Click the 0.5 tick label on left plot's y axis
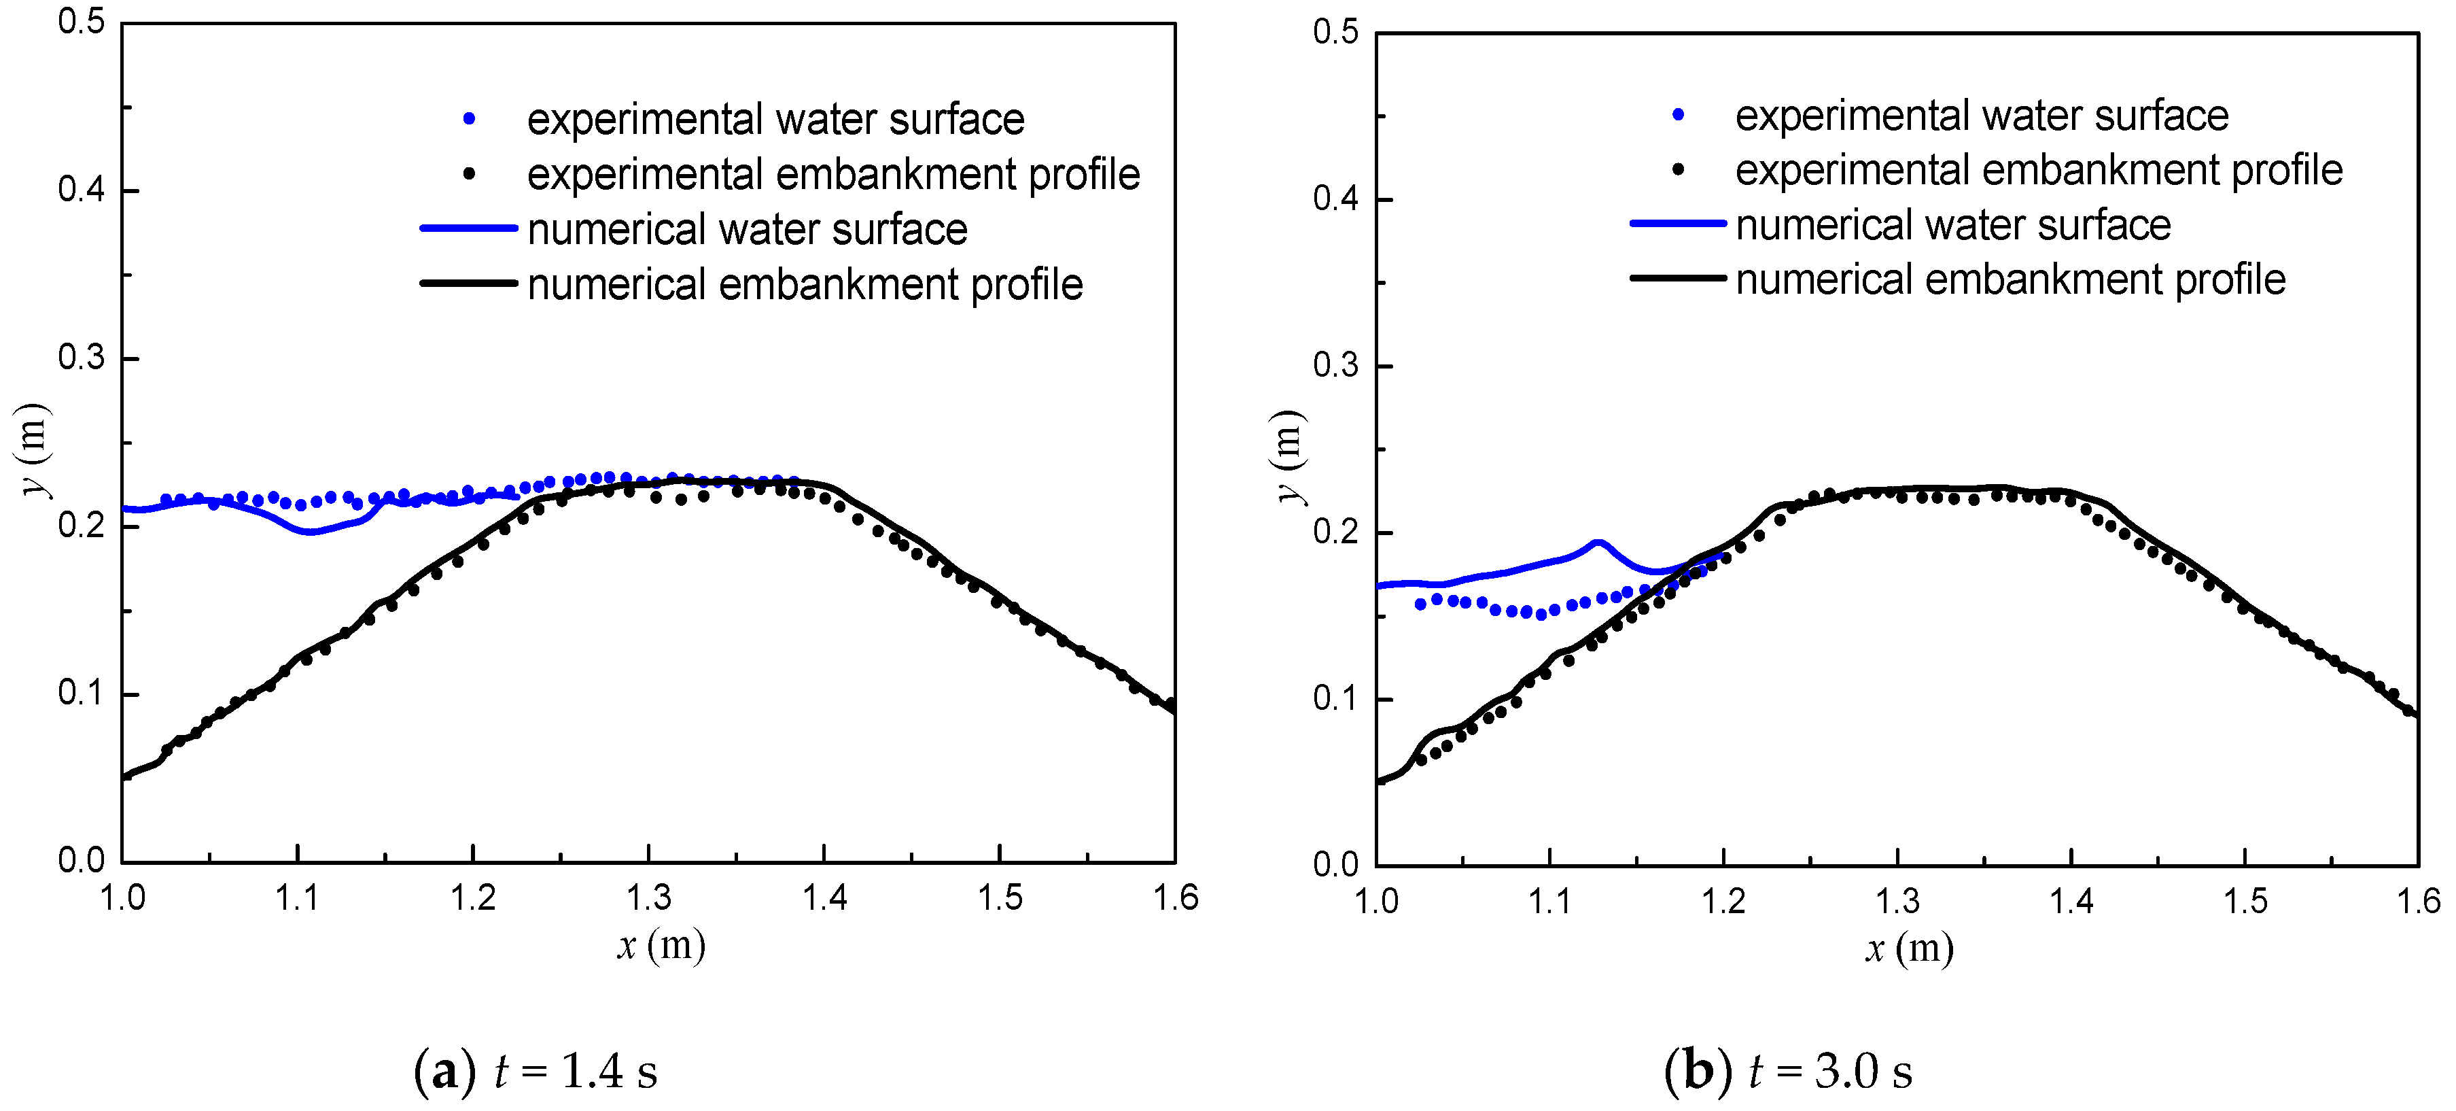pyautogui.click(x=81, y=22)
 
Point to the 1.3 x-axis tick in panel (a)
pyautogui.click(x=649, y=898)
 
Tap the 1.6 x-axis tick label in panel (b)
pyautogui.click(x=2418, y=901)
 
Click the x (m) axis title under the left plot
pyautogui.click(x=661, y=945)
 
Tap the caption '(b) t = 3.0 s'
pyautogui.click(x=1788, y=1071)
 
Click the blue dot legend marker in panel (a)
pyautogui.click(x=469, y=119)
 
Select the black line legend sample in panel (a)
pyautogui.click(x=469, y=284)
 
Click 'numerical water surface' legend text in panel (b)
pyautogui.click(x=1952, y=225)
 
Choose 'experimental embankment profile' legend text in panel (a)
pyautogui.click(x=833, y=175)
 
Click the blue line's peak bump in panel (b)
pyautogui.click(x=1598, y=543)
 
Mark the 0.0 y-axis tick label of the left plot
pyautogui.click(x=81, y=861)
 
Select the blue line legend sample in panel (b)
pyautogui.click(x=1678, y=223)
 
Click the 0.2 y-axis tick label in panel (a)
pyautogui.click(x=81, y=526)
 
